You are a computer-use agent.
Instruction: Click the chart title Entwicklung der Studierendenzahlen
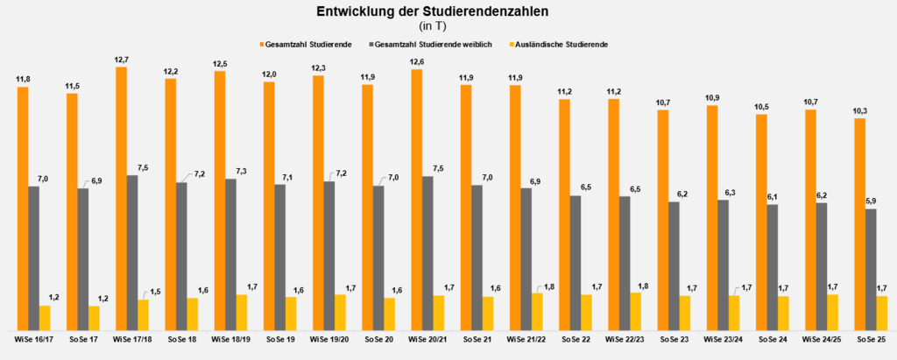(x=448, y=11)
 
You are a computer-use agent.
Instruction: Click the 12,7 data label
(x=121, y=60)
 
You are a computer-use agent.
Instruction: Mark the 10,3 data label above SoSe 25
(x=859, y=110)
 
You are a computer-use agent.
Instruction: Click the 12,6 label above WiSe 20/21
(x=416, y=62)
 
